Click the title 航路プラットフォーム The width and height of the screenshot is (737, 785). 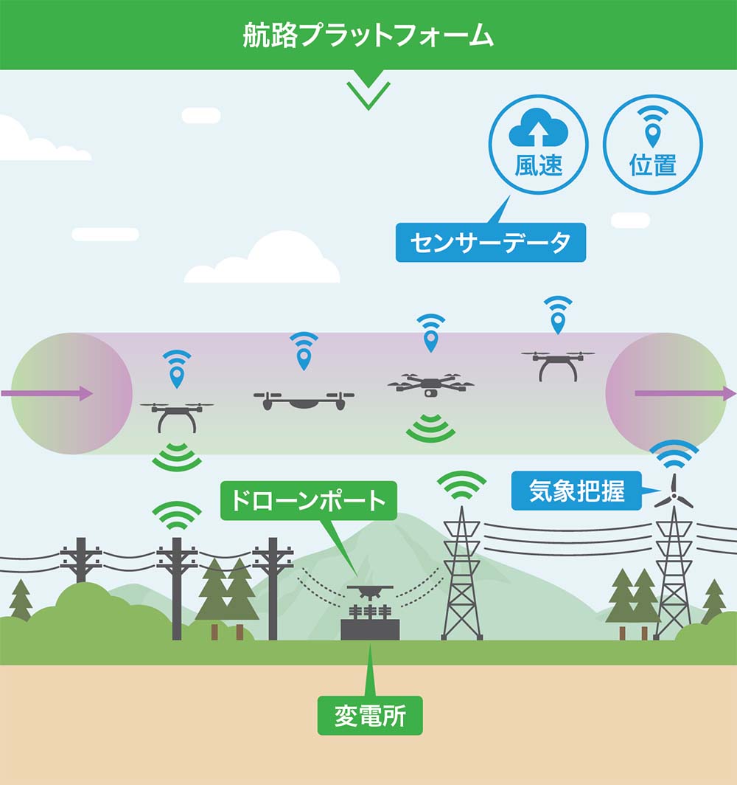click(368, 35)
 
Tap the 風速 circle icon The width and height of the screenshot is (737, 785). click(539, 145)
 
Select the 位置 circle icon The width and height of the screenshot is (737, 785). click(652, 145)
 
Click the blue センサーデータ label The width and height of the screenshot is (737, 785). click(490, 243)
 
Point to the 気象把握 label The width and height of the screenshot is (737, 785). click(576, 491)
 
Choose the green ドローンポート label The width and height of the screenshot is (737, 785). click(308, 500)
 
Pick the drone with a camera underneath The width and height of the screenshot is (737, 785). click(430, 385)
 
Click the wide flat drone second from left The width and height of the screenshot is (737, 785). click(304, 401)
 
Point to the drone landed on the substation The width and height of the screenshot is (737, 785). click(370, 591)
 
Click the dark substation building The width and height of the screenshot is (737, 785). click(370, 628)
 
